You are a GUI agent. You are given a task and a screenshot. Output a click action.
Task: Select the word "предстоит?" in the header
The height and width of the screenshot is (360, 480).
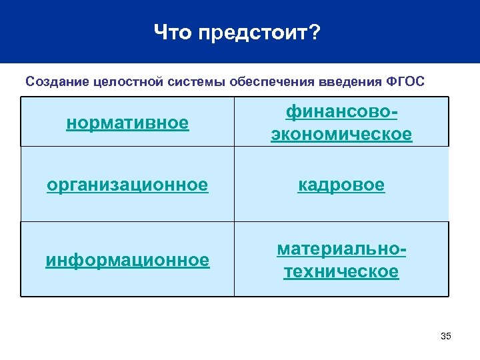pyautogui.click(x=259, y=32)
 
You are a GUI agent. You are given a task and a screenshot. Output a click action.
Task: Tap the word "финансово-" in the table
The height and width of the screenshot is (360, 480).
pyautogui.click(x=341, y=111)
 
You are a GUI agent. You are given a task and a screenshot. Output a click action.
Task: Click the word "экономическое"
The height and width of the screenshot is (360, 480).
pyautogui.click(x=341, y=134)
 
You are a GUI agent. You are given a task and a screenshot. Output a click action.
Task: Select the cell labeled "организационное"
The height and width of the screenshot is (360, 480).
pyautogui.click(x=127, y=185)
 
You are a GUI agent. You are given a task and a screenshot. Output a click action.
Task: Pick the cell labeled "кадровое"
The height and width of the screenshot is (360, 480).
pyautogui.click(x=341, y=185)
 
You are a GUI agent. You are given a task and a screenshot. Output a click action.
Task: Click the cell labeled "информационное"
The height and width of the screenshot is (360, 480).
pyautogui.click(x=127, y=260)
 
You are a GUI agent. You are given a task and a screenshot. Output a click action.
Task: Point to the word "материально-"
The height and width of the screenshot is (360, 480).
pyautogui.click(x=341, y=249)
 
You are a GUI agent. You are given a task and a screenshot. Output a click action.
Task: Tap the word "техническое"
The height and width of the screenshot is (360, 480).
pyautogui.click(x=341, y=271)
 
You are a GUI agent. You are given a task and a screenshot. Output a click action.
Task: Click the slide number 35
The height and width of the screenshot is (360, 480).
pyautogui.click(x=446, y=336)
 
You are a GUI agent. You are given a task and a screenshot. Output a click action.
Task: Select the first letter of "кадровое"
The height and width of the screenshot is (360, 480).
pyautogui.click(x=302, y=185)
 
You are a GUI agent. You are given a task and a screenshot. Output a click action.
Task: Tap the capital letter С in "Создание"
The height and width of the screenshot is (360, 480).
pyautogui.click(x=30, y=82)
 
